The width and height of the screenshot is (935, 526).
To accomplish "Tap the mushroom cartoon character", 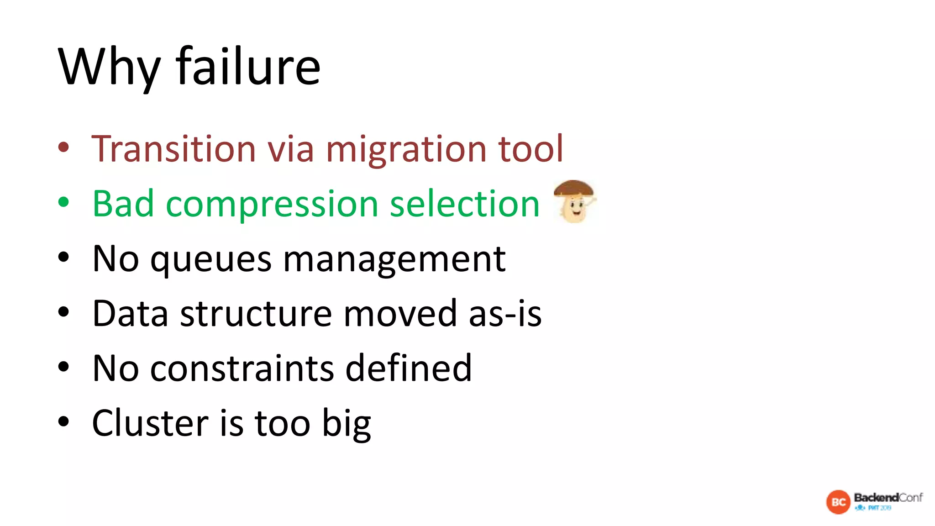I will [574, 202].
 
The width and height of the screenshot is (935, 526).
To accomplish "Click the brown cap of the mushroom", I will [573, 187].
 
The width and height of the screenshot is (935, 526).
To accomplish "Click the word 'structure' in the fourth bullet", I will [256, 314].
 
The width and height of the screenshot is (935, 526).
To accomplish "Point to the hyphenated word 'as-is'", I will [505, 314].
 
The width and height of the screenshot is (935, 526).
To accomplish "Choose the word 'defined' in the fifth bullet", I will [408, 368].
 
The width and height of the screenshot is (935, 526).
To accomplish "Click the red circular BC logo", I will [838, 502].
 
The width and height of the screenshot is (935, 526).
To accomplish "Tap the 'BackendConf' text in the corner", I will [888, 497].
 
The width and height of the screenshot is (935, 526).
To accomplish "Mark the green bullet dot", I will [63, 202].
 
